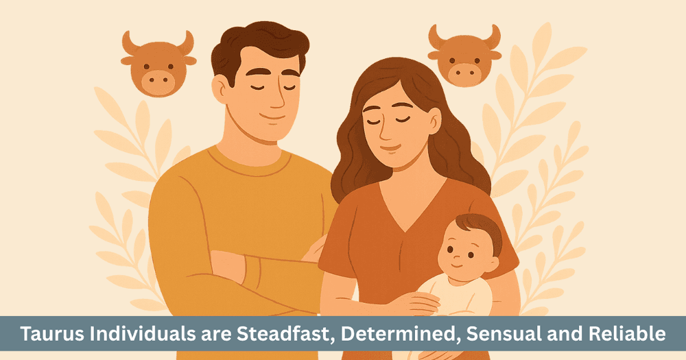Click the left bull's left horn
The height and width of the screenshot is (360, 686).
tap(128, 43)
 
